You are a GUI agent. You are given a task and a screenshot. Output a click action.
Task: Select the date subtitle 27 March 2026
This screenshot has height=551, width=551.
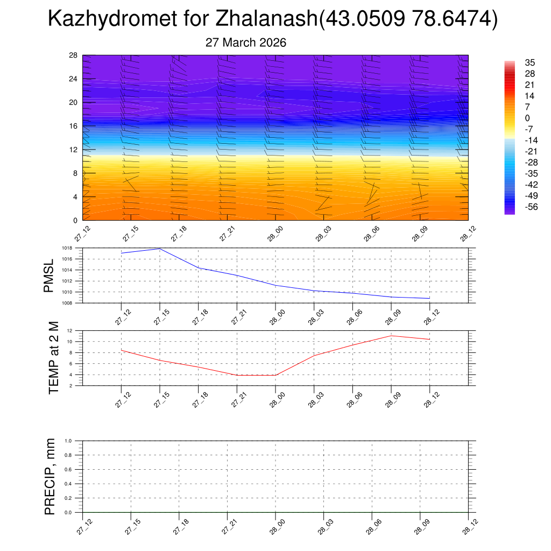click(246, 43)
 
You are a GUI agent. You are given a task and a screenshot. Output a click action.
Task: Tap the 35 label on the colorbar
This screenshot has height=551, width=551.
click(529, 62)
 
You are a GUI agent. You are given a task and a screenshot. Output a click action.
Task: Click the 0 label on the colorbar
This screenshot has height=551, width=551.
click(527, 118)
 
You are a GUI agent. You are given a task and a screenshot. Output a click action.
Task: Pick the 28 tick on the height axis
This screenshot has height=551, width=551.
click(74, 55)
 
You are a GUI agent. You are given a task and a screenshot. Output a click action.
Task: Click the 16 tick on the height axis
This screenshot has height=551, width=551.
click(74, 126)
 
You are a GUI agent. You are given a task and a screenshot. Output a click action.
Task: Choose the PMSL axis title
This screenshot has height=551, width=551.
click(49, 276)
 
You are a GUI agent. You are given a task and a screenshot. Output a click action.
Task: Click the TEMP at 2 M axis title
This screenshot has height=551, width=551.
click(54, 358)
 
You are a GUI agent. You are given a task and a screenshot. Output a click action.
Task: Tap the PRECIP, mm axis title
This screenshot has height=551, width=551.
click(50, 476)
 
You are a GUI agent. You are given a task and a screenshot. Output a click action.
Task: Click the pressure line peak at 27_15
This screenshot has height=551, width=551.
click(160, 249)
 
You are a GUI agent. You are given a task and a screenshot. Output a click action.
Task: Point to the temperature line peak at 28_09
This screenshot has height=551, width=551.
click(391, 336)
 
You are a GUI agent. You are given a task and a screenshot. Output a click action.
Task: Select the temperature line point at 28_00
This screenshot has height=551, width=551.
click(275, 375)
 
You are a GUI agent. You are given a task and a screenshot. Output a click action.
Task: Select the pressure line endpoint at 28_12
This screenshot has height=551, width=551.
click(429, 298)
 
